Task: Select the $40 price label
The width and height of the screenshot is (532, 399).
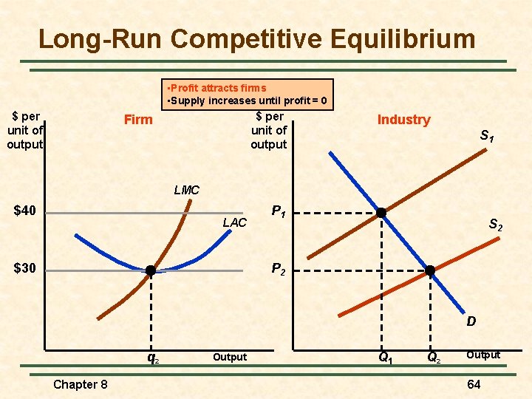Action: tap(26, 211)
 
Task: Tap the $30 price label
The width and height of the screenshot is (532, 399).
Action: tap(26, 267)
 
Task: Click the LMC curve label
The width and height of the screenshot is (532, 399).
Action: tap(186, 190)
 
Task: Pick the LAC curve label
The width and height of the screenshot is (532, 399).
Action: tap(234, 222)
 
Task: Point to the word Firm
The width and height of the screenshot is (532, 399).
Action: tap(138, 120)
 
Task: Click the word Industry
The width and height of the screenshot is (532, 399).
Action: tap(403, 120)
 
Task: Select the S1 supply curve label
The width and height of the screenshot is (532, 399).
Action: tap(487, 136)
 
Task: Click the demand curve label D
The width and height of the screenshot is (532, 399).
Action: tap(471, 322)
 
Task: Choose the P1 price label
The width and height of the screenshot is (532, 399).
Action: tap(279, 212)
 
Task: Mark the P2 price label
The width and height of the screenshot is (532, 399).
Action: tap(279, 270)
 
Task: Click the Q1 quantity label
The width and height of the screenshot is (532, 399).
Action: tap(385, 358)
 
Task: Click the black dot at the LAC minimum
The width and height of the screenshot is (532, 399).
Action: tap(151, 270)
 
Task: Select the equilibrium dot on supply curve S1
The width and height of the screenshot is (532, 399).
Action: tap(381, 213)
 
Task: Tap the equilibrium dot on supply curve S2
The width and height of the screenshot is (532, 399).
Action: tap(431, 270)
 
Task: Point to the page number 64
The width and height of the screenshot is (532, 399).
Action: tap(474, 384)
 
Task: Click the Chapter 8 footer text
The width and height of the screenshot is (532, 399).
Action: tap(81, 384)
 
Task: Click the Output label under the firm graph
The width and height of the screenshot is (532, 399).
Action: tap(230, 357)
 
